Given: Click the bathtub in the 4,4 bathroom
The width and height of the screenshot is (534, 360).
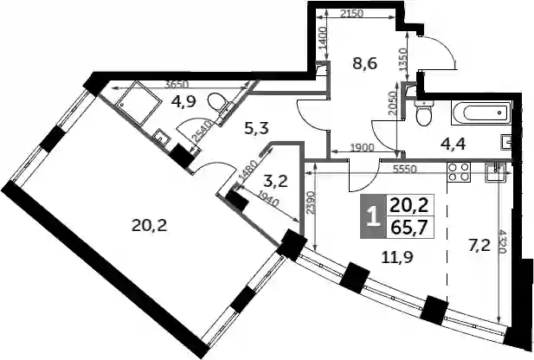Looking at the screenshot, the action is (x=482, y=112).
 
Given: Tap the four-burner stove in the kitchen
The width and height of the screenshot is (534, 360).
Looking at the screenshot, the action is (x=459, y=172).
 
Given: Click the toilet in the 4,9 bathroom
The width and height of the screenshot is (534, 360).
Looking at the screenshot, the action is (x=219, y=103).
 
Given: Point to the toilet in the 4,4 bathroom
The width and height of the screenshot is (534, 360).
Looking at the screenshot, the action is (x=423, y=113).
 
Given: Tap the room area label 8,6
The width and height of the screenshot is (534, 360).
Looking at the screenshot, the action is (x=364, y=63).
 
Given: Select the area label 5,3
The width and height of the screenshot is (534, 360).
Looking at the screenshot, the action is (x=257, y=128).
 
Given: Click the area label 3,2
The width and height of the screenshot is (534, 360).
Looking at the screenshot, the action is (x=276, y=182).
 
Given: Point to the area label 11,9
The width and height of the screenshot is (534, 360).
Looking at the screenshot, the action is (x=397, y=258).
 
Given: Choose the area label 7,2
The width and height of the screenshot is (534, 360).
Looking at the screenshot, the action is (x=479, y=245).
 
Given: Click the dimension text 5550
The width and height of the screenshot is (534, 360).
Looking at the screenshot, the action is (x=404, y=170).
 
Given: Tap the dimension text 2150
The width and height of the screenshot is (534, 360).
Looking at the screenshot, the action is (x=352, y=14).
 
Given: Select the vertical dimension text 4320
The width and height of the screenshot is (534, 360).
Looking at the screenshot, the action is (x=502, y=241).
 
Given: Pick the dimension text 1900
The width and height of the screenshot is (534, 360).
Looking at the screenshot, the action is (x=362, y=147).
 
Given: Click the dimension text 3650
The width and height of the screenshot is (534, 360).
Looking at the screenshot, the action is (x=177, y=85).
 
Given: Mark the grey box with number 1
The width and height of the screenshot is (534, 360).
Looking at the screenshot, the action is (x=374, y=216).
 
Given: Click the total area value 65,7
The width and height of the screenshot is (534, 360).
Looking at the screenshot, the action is (x=409, y=228).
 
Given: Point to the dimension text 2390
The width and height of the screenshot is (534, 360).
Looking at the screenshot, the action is (x=310, y=202).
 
